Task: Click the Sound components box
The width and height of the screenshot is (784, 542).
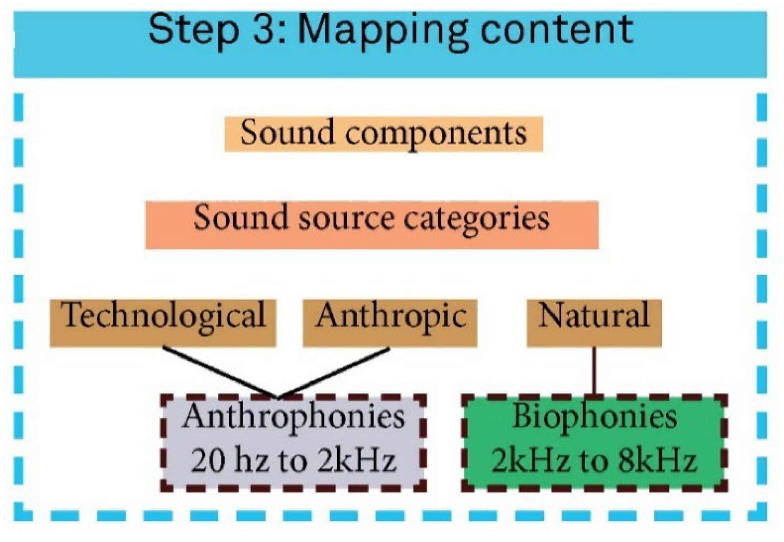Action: tap(383, 134)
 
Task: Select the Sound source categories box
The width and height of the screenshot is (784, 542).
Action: tap(372, 225)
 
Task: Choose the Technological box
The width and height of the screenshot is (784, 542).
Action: tap(163, 323)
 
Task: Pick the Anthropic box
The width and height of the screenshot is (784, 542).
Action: tap(390, 323)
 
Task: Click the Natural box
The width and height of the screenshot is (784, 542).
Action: tap(594, 323)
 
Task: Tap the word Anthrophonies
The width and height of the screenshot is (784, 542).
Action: tap(294, 417)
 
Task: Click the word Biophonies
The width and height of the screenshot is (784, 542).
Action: tap(594, 417)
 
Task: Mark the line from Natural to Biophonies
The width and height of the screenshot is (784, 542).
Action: tap(594, 371)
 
